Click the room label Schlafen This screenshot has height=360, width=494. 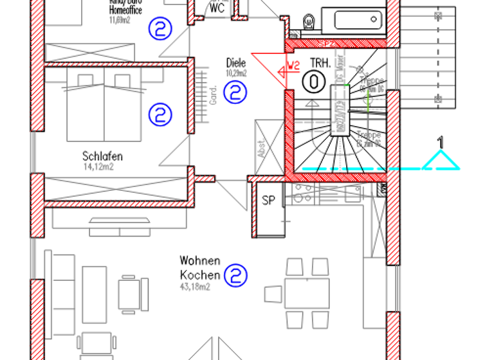pyautogui.click(x=102, y=156)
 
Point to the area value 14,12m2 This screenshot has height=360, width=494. pyautogui.click(x=98, y=167)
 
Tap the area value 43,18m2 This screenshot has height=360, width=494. pyautogui.click(x=195, y=286)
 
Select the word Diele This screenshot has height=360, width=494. pyautogui.click(x=236, y=63)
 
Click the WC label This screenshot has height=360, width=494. pyautogui.click(x=217, y=8)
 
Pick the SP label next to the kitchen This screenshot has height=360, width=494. pyautogui.click(x=268, y=201)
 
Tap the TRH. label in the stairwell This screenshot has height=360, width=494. pyautogui.click(x=320, y=63)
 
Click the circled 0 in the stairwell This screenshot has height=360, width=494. pyautogui.click(x=313, y=82)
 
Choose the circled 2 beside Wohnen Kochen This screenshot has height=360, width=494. pyautogui.click(x=236, y=276)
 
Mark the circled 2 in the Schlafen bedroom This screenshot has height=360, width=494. pyautogui.click(x=160, y=115)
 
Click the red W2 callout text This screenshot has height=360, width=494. pyautogui.click(x=293, y=65)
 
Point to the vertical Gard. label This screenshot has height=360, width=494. pyautogui.click(x=213, y=94)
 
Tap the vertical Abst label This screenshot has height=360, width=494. pyautogui.click(x=261, y=149)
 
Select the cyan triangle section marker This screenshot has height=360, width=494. pyautogui.click(x=441, y=161)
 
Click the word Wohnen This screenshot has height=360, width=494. pyautogui.click(x=200, y=261)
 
